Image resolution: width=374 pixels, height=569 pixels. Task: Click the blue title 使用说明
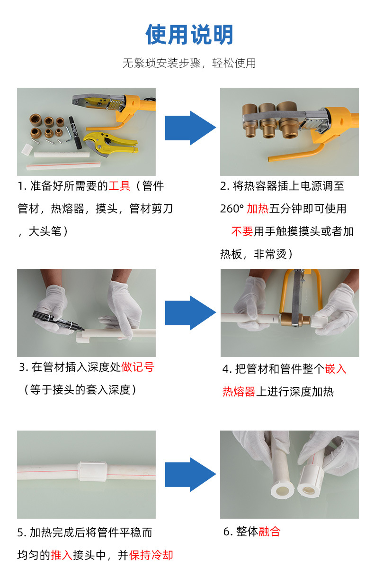[x=189, y=35]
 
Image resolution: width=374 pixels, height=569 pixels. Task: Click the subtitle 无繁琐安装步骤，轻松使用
[x=189, y=63]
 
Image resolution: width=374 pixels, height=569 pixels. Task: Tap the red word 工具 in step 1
[x=119, y=186]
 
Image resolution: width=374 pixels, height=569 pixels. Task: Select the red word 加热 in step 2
[x=258, y=209]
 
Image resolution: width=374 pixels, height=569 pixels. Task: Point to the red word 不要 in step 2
[x=242, y=231]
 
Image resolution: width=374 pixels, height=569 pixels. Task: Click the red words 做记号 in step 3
[x=138, y=367]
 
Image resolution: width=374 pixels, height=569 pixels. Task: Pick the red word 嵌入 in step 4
[x=336, y=369]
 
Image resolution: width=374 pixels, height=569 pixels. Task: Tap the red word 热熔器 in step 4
[x=239, y=392]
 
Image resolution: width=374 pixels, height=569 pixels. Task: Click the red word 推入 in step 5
[x=62, y=555]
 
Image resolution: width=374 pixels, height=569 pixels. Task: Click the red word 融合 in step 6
[x=269, y=532]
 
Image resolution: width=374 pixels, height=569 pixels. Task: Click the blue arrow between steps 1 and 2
[x=190, y=128]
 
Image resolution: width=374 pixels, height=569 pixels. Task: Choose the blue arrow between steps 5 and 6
[x=190, y=474]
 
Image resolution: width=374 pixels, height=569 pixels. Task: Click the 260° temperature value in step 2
[x=232, y=209]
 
